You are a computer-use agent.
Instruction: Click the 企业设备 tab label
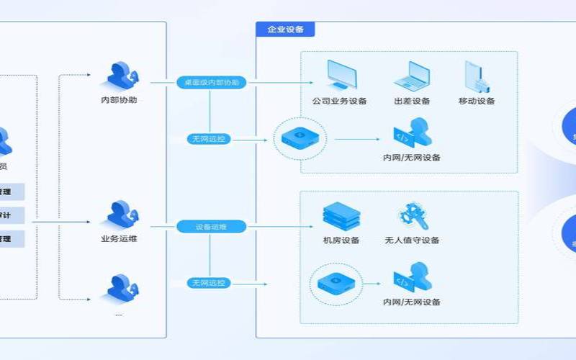tap(285, 30)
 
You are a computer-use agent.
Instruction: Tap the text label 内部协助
tap(119, 100)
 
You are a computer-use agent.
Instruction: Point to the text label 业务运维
tap(119, 238)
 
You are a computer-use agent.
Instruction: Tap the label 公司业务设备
tap(339, 101)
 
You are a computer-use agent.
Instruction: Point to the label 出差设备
tap(412, 101)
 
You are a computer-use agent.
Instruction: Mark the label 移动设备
tap(476, 101)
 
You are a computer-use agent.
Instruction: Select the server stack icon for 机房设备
tap(341, 216)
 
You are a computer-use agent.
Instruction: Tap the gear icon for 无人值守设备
tap(411, 216)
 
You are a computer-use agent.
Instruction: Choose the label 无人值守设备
tap(412, 240)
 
